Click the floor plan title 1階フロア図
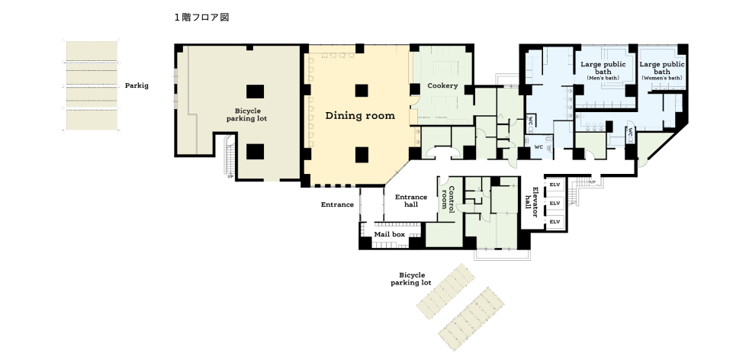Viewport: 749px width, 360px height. (201, 18)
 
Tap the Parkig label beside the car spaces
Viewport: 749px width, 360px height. (137, 86)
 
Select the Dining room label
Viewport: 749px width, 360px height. (360, 115)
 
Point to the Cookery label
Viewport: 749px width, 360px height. (442, 86)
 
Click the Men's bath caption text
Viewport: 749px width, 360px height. (603, 78)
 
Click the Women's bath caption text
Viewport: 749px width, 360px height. (661, 78)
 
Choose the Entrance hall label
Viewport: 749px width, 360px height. (411, 201)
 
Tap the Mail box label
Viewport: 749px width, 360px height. (389, 234)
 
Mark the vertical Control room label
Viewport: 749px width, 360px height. (448, 198)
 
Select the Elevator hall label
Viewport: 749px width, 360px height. (531, 201)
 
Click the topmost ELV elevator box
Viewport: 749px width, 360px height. (555, 185)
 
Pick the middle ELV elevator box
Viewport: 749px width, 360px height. (555, 204)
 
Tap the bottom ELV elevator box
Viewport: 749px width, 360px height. (555, 222)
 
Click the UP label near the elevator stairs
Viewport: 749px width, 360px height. (593, 182)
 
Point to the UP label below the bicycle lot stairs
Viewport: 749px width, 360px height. (230, 177)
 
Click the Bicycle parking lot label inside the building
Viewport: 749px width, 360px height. (246, 114)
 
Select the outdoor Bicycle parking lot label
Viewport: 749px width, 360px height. (411, 279)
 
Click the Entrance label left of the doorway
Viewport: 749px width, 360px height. (337, 205)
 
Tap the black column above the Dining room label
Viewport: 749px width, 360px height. (362, 90)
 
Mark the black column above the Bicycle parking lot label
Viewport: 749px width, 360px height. (255, 92)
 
